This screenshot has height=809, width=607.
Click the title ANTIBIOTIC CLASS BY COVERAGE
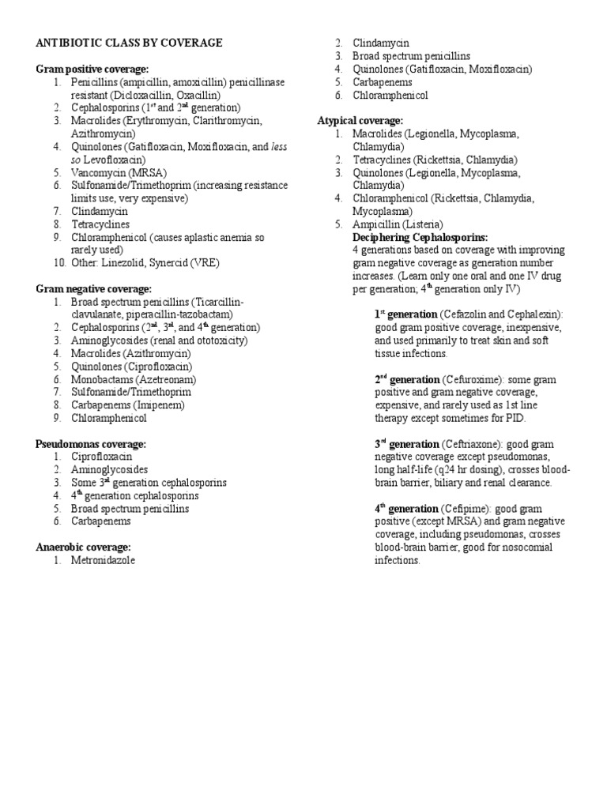pyautogui.click(x=129, y=43)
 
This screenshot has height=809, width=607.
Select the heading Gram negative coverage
pyautogui.click(x=93, y=289)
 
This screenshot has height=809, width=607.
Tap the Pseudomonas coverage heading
pyautogui.click(x=91, y=444)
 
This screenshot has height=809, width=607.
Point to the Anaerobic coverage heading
pyautogui.click(x=83, y=547)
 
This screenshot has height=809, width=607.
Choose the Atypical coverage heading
pyautogui.click(x=360, y=120)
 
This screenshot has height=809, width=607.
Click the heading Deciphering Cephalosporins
pyautogui.click(x=420, y=237)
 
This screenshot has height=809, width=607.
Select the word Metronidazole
pyautogui.click(x=103, y=560)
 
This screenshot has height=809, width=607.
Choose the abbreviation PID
pyautogui.click(x=515, y=418)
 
